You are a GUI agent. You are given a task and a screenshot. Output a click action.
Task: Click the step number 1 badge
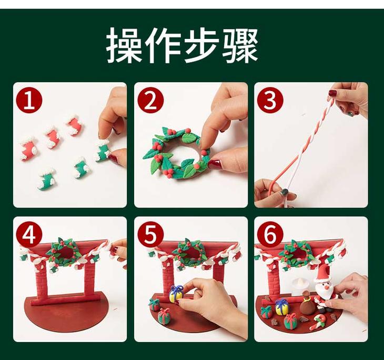tap(29, 101)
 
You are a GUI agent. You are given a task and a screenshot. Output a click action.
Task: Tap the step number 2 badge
tap(150, 101)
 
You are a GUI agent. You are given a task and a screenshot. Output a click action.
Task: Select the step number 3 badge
tap(270, 101)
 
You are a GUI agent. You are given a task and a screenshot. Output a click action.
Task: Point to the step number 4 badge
tap(29, 235)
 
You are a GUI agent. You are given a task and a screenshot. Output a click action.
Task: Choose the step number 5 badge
tap(150, 235)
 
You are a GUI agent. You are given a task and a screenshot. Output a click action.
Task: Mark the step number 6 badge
tap(270, 235)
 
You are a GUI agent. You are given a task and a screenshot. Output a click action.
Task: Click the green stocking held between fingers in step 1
tap(103, 150)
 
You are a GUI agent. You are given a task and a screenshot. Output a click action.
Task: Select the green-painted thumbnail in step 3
tap(285, 192)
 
